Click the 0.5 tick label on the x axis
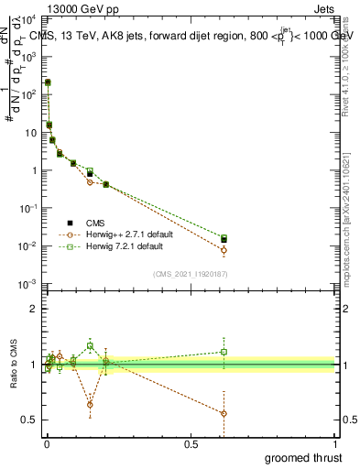pos(191,444)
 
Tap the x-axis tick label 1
pos(336,444)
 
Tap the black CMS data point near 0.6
pos(224,240)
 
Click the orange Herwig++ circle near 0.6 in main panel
pos(224,250)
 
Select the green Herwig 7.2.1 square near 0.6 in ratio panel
pos(224,352)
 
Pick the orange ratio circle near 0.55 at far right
pos(224,413)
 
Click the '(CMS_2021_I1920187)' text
pos(191,274)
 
